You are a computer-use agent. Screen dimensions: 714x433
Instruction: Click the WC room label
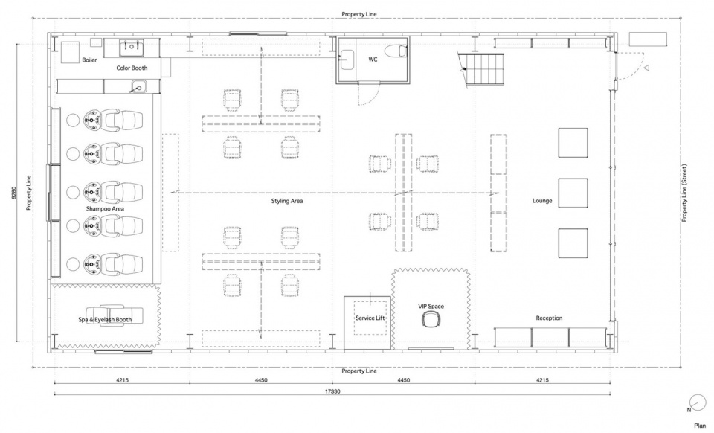[373, 60]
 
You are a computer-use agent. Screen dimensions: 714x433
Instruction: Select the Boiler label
[89, 60]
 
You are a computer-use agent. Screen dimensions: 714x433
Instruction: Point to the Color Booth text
[132, 68]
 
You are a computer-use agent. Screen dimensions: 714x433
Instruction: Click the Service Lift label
[370, 318]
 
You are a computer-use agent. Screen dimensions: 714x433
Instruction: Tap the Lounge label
[542, 201]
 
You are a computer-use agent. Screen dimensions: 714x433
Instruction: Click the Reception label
[549, 318]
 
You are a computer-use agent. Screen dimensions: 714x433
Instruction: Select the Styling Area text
[287, 201]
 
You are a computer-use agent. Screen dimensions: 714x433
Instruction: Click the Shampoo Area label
[105, 209]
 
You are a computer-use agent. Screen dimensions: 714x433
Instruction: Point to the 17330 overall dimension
[332, 391]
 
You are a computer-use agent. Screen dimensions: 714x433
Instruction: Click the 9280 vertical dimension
[13, 193]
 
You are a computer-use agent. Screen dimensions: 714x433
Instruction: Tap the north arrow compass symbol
[697, 402]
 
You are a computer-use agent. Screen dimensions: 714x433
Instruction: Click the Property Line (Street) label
[684, 193]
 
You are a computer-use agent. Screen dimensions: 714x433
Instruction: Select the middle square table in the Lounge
[573, 193]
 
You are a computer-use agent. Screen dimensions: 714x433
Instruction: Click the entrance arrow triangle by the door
[646, 68]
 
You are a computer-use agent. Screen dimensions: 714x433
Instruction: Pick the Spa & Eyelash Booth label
[105, 320]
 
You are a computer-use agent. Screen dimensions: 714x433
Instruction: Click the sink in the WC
[347, 60]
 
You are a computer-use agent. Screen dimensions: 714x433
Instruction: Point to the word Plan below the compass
[700, 426]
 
